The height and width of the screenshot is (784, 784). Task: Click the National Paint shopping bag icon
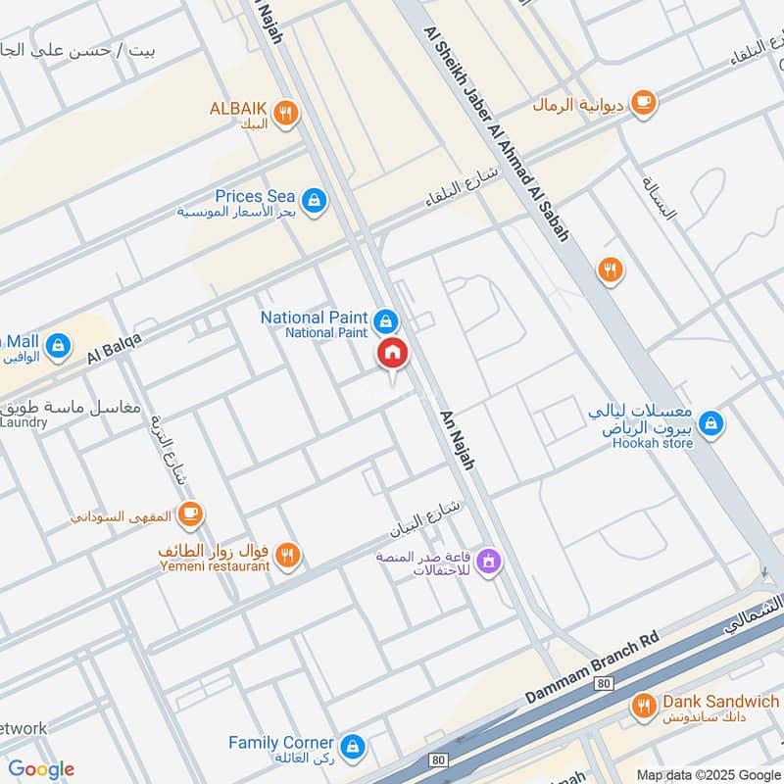tap(386, 321)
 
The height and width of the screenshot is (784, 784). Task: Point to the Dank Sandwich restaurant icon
tap(643, 706)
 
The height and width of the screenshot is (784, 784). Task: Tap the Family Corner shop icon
tap(353, 748)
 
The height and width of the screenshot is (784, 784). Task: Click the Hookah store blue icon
tap(712, 423)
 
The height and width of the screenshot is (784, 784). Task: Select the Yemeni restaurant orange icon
tap(286, 556)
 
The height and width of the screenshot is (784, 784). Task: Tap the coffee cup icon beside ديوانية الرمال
tap(643, 102)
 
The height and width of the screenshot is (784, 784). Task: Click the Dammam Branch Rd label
tap(588, 665)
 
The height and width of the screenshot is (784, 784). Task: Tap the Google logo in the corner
tap(41, 769)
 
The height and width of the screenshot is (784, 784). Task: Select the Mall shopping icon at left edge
tap(60, 345)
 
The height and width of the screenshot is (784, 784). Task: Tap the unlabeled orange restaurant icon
tap(610, 269)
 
